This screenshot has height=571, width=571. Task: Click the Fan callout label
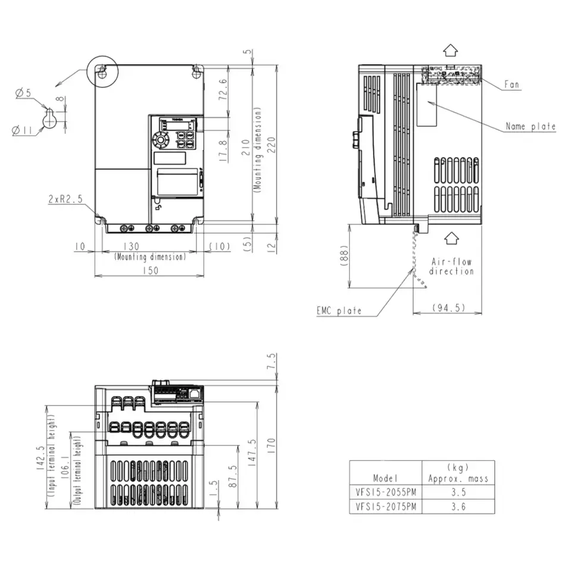coord(512,84)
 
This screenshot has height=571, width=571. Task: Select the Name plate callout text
coord(530,126)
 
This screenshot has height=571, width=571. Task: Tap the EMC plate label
coord(339,310)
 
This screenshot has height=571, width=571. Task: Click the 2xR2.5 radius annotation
coord(66,200)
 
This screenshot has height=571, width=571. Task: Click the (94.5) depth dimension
coord(447,308)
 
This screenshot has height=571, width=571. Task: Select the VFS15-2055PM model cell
coord(385,492)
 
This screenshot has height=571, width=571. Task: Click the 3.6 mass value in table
coord(458,507)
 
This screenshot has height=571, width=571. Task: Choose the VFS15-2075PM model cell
coord(385,507)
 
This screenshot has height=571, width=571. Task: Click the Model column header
coord(385,478)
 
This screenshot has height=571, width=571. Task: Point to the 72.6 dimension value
coord(223,90)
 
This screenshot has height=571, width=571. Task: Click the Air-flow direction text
coord(451,266)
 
